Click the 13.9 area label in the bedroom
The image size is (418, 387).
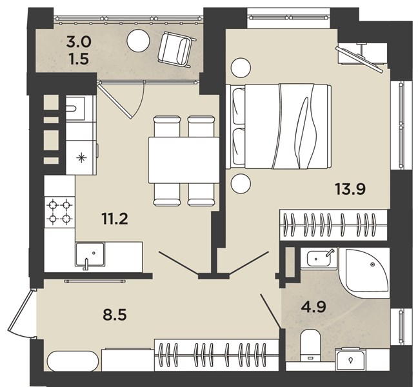tap(350, 190)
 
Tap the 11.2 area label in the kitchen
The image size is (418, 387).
tap(115, 219)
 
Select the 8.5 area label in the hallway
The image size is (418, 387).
tap(115, 315)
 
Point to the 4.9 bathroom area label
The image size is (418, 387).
tap(313, 307)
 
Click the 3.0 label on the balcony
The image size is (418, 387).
tap(79, 42)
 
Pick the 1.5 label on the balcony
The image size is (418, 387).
tap(79, 59)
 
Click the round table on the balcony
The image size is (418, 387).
tap(138, 41)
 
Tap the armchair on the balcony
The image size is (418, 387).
tap(177, 50)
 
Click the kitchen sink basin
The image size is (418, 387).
tap(90, 255)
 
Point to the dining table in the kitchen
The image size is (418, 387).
tap(184, 160)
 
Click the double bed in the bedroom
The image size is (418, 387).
tap(279, 126)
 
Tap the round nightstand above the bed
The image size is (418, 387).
tap(241, 68)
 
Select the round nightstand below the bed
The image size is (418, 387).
tap(241, 184)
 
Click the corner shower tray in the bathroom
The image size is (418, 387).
tap(364, 272)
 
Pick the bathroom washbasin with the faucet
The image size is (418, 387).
tap(319, 258)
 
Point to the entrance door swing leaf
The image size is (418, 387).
tap(20, 311)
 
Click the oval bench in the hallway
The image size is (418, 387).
tap(73, 361)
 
